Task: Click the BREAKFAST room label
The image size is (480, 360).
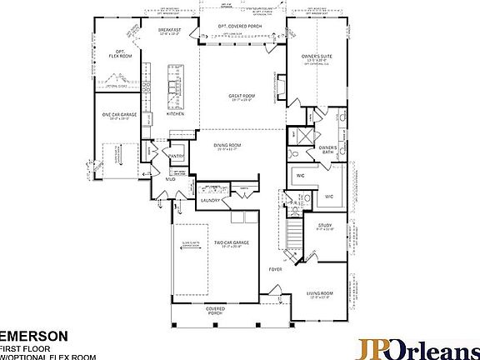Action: pyautogui.click(x=169, y=29)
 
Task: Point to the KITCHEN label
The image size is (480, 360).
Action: pyautogui.click(x=175, y=113)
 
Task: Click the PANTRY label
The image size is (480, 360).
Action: pyautogui.click(x=177, y=155)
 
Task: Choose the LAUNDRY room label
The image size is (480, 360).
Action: pyautogui.click(x=209, y=200)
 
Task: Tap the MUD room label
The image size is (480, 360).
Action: pyautogui.click(x=170, y=178)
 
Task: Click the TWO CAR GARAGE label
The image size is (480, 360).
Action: pyautogui.click(x=231, y=242)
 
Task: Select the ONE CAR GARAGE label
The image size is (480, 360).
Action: pyautogui.click(x=118, y=115)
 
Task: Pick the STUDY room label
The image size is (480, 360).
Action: pyautogui.click(x=325, y=225)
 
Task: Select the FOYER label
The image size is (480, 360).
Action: pyautogui.click(x=275, y=270)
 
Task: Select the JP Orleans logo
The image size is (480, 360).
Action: pyautogui.click(x=417, y=347)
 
